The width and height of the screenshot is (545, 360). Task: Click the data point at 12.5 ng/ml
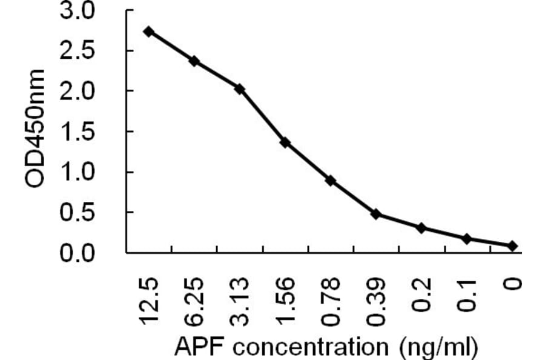click(149, 32)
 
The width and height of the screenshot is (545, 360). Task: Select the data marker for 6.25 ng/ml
click(194, 61)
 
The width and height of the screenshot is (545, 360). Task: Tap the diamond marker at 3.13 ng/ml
click(240, 89)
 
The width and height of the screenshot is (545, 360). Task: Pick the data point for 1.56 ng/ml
click(285, 143)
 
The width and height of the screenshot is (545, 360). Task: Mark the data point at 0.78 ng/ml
click(331, 181)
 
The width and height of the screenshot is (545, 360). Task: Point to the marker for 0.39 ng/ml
click(376, 214)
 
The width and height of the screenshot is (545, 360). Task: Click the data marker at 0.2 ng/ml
click(421, 227)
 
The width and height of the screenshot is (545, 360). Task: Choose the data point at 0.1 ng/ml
click(467, 239)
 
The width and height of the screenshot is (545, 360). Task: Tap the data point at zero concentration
click(512, 245)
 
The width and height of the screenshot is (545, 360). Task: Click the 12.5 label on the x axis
click(150, 301)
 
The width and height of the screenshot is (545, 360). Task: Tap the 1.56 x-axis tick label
click(286, 301)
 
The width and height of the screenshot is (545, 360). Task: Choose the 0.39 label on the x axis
click(377, 301)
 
